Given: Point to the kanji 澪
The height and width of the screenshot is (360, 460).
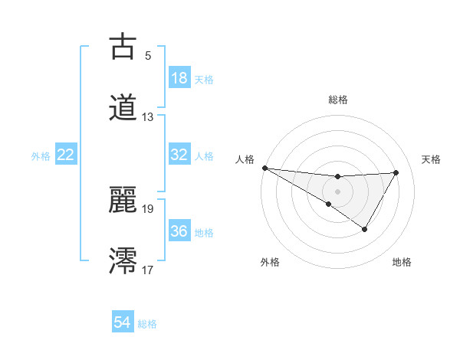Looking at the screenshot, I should (123, 260).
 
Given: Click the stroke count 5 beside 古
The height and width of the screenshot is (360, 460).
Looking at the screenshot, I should (148, 55).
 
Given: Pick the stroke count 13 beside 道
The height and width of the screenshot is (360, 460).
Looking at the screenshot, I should (148, 117).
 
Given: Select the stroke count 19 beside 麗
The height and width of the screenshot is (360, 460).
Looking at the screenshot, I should (148, 208).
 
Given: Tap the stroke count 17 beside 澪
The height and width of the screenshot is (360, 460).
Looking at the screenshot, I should (148, 270).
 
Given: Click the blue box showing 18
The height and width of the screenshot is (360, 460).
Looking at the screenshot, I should (179, 78).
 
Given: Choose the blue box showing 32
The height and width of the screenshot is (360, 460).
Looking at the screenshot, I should (179, 155).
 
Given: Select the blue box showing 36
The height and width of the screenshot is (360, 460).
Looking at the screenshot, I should (179, 231).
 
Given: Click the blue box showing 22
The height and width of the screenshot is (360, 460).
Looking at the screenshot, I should (66, 155).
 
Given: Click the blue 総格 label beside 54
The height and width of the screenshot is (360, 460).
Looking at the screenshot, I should (147, 324).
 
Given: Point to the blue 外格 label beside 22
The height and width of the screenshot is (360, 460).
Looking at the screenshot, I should (41, 156).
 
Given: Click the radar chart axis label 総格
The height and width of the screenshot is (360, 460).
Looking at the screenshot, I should (337, 100).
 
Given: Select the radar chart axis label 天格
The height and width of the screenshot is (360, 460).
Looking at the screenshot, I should (431, 159).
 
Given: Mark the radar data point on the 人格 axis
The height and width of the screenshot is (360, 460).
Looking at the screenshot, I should (264, 168).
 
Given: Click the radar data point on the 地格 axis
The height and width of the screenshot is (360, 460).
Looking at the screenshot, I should (365, 229).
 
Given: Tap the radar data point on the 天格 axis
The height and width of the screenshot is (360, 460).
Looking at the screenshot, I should (396, 172).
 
